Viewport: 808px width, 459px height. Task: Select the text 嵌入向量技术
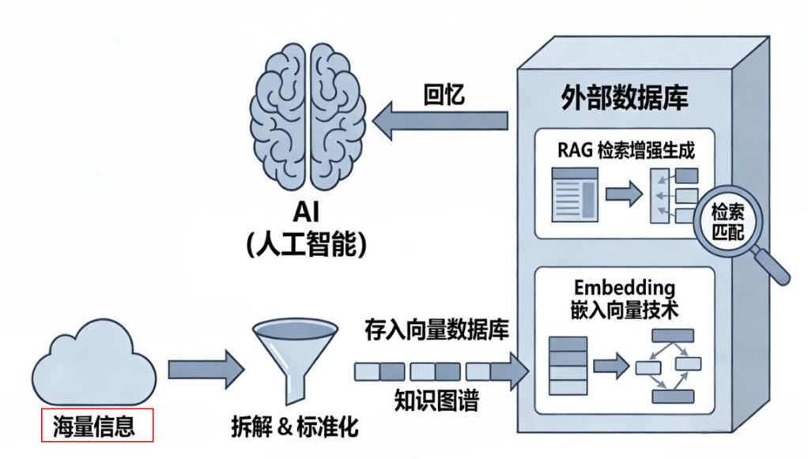(625, 309)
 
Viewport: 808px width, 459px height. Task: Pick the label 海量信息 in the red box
(96, 427)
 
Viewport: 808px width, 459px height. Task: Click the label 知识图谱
(436, 401)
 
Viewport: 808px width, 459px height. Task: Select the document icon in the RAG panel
(573, 192)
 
